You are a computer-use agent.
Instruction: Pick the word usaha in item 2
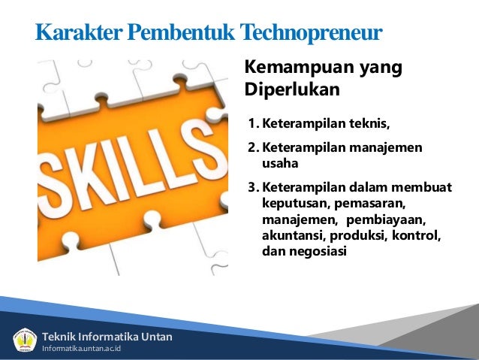[x=279, y=162]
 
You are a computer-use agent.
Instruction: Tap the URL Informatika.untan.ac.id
[x=83, y=348]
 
